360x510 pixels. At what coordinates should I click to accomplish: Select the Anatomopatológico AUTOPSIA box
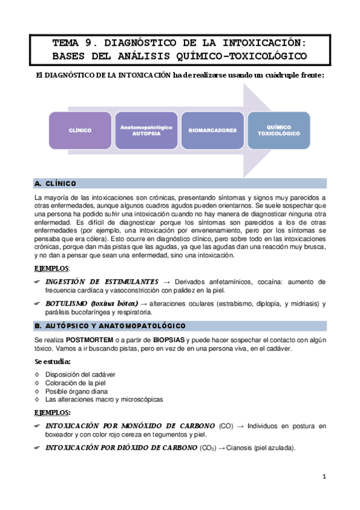coord(147,130)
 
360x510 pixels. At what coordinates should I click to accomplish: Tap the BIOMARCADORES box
coord(212,130)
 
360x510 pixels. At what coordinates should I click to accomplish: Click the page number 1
coord(323,477)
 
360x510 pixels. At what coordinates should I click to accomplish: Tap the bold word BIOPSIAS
coord(166,340)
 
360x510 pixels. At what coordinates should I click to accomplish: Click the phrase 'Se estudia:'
coord(53,361)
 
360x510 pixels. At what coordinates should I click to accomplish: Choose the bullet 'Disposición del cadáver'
coord(81,374)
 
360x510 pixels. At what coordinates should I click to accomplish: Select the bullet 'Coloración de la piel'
coord(77,382)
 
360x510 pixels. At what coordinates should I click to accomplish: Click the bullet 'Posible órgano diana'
coord(75,391)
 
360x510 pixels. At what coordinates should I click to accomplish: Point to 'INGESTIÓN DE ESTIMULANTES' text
coord(102,281)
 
